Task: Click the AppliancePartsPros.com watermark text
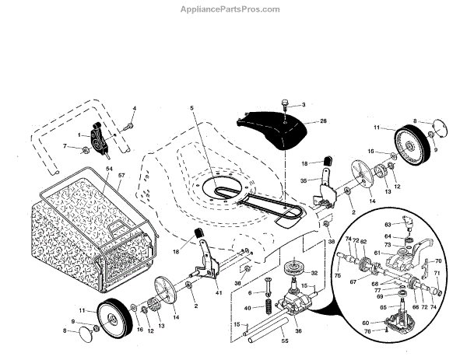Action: [x=233, y=9]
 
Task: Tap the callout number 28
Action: [x=323, y=121]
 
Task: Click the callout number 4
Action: [x=133, y=108]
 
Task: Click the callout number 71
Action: [x=437, y=274]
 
